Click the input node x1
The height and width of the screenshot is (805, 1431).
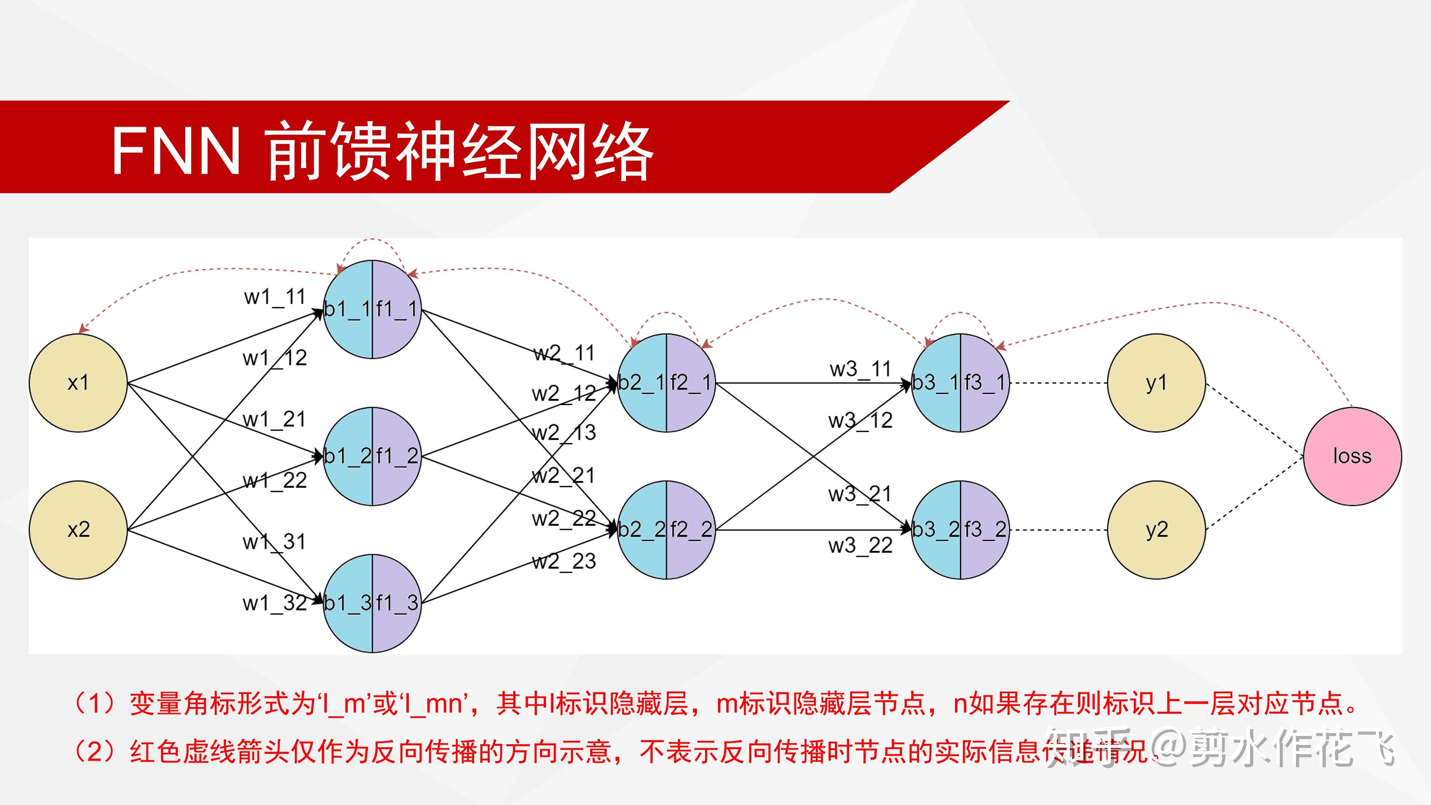click(78, 383)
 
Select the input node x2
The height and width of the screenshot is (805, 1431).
click(78, 530)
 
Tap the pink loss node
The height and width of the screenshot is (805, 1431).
click(1352, 456)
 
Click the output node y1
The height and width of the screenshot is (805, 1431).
click(1156, 383)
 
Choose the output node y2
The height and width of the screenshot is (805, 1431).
click(1156, 530)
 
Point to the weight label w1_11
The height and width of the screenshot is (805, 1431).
click(275, 297)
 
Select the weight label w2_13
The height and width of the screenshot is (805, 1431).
click(564, 433)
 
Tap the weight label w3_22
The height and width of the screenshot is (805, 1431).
click(860, 546)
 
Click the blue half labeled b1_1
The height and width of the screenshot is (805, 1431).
click(348, 309)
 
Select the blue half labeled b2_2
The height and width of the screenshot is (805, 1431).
click(642, 530)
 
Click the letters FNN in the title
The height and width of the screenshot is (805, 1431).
click(176, 150)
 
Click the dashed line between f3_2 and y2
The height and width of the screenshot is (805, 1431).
click(1058, 530)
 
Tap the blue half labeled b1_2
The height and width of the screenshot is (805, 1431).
click(348, 456)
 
